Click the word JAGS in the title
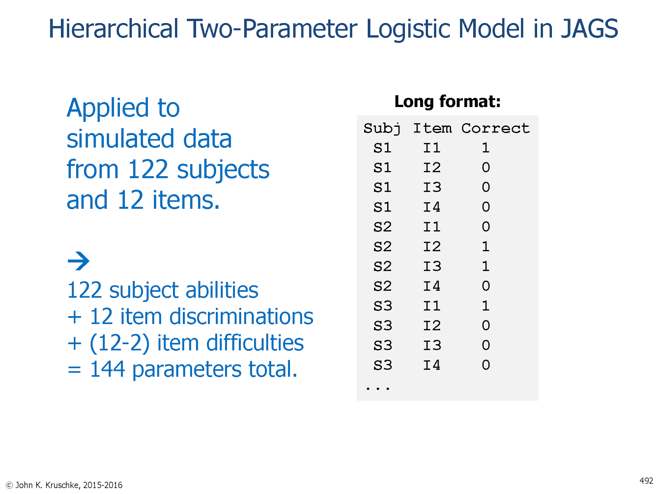589,28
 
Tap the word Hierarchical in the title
114,28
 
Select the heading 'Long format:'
447,101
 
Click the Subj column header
382,128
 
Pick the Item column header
432,128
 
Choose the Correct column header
495,128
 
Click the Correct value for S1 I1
486,147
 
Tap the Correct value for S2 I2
486,246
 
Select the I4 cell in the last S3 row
431,365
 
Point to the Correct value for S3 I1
486,305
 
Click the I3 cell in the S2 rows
432,266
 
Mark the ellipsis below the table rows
377,389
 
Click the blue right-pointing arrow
78,261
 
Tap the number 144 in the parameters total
107,369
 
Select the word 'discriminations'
241,317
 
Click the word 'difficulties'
255,343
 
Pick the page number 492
646,481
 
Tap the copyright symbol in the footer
9,485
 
